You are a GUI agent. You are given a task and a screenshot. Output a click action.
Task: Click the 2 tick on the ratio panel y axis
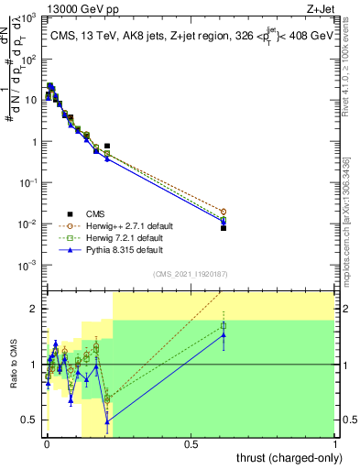tap(34, 309)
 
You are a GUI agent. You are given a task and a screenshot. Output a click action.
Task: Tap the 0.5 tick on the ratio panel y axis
tap(30, 420)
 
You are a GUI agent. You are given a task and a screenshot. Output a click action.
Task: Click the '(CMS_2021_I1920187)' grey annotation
tap(191, 273)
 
